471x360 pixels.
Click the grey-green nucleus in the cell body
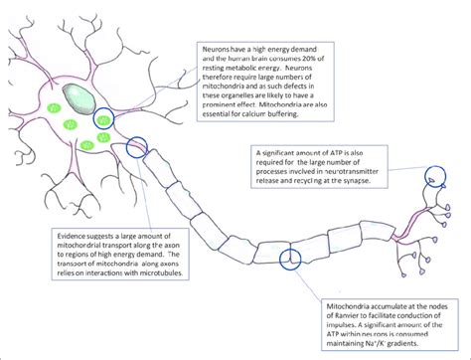click(78, 96)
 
